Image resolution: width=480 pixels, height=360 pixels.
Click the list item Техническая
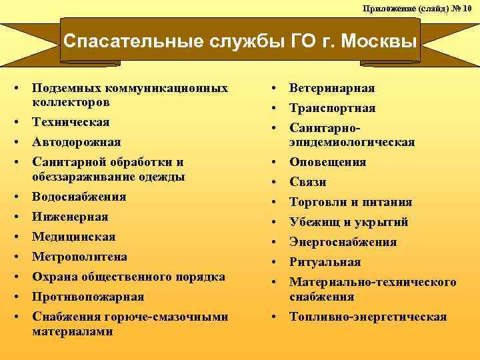(71, 123)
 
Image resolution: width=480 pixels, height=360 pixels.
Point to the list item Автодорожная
(76, 142)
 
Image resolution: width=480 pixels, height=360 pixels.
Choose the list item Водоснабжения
(79, 197)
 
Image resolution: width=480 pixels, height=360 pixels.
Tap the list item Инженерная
(70, 217)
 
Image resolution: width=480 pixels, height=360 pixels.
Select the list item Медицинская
(73, 237)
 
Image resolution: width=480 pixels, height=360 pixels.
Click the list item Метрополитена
(79, 257)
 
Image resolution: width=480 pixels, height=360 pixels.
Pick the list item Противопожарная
(87, 297)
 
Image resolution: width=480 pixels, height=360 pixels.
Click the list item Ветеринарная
(332, 88)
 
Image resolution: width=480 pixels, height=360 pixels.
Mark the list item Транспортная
(332, 108)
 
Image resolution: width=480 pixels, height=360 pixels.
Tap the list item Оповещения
(327, 162)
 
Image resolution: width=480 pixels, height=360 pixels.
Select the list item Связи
(307, 182)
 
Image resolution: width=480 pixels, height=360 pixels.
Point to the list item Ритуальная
(325, 262)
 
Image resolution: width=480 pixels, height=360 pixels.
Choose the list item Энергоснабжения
(343, 242)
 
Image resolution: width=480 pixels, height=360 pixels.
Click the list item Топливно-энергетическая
(368, 317)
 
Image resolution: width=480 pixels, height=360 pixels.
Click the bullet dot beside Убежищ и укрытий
(275, 222)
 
